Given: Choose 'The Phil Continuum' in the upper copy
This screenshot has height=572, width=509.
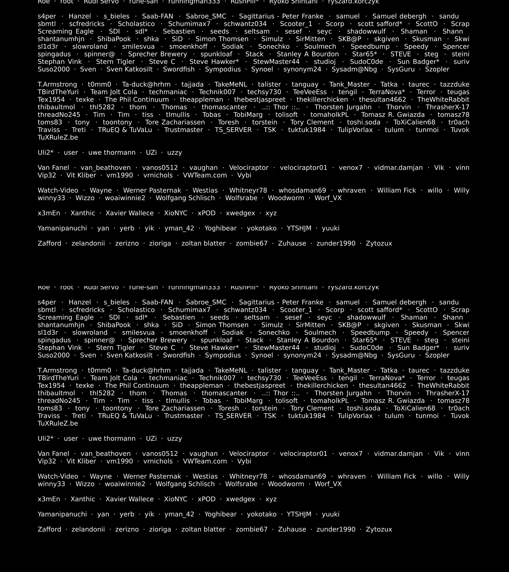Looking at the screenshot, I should (x=137, y=100).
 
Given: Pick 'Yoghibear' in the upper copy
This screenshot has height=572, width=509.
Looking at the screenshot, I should (x=221, y=228).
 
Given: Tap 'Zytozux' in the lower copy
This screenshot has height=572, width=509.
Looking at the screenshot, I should (x=379, y=529).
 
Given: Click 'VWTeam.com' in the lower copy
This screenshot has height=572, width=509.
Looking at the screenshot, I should (x=205, y=461).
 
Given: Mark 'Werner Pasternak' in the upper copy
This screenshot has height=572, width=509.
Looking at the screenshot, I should (x=152, y=191).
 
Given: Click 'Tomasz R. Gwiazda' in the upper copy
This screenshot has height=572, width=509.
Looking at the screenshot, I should (x=393, y=115).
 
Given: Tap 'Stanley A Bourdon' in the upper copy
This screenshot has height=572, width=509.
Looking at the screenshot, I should (x=308, y=54).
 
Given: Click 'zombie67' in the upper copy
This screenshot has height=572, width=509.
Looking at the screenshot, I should (x=252, y=243).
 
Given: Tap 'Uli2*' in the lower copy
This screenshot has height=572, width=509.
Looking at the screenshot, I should (x=45, y=439).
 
